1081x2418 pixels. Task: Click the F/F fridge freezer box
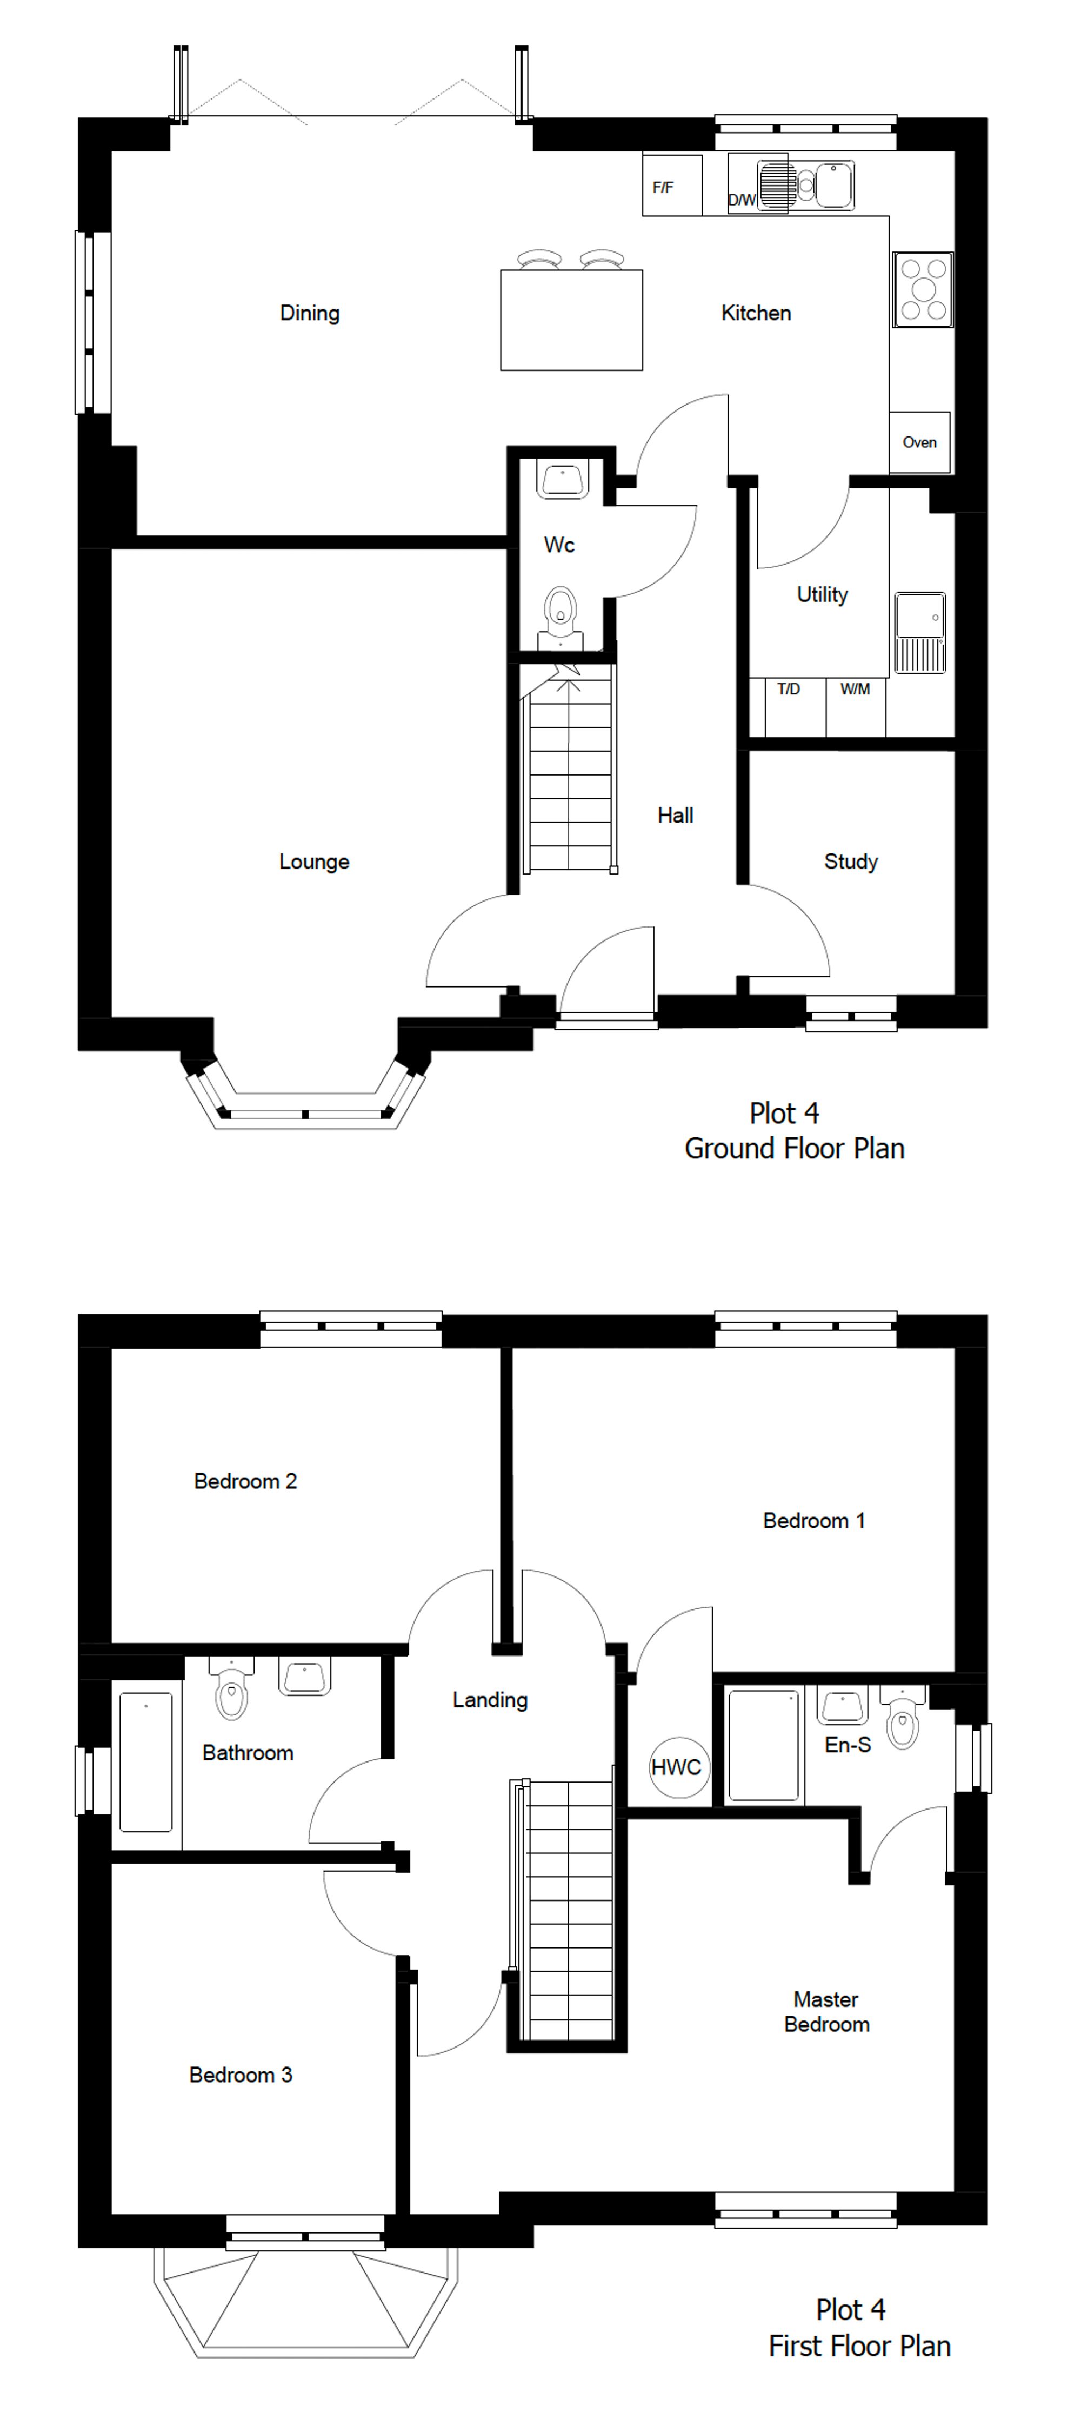pyautogui.click(x=671, y=186)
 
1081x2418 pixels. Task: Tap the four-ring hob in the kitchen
pyautogui.click(x=923, y=289)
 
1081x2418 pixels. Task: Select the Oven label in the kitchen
pyautogui.click(x=919, y=442)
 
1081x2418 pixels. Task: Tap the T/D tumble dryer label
pyautogui.click(x=788, y=689)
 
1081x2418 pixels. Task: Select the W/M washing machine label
pyautogui.click(x=854, y=689)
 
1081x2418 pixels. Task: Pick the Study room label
pyautogui.click(x=850, y=862)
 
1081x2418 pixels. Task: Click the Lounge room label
pyautogui.click(x=313, y=862)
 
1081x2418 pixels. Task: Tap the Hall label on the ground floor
pyautogui.click(x=675, y=816)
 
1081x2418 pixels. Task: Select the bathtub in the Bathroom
pyautogui.click(x=145, y=1762)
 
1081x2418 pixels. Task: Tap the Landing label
pyautogui.click(x=489, y=1700)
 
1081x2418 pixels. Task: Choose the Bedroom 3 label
pyautogui.click(x=240, y=2075)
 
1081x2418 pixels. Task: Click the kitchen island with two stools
pyautogui.click(x=571, y=319)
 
